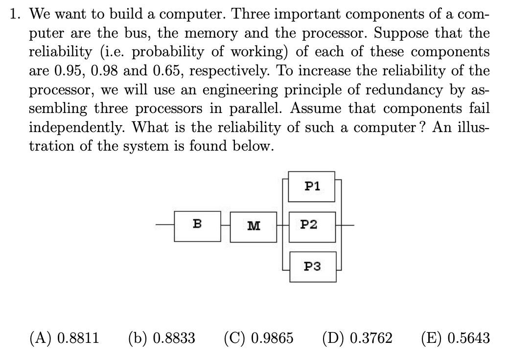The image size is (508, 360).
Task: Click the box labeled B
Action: [x=197, y=226]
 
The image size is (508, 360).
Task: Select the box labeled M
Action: [x=253, y=226]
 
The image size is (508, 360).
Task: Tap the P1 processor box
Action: [x=312, y=186]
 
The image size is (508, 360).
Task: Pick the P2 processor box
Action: [x=312, y=225]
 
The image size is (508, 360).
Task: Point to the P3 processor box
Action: [x=312, y=267]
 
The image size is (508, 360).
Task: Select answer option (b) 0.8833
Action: [x=162, y=337]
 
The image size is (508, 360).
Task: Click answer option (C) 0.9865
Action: [x=258, y=337]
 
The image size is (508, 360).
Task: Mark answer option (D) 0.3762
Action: [x=357, y=337]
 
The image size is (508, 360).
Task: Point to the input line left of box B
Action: [x=164, y=226]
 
